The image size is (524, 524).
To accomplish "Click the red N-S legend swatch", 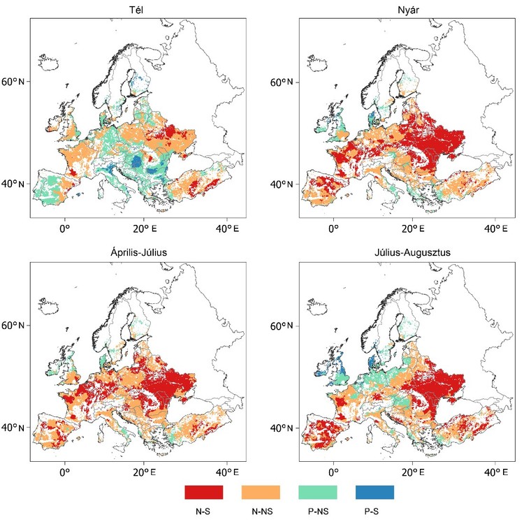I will point(203,492).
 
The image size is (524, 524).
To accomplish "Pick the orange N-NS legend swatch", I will point(261,492).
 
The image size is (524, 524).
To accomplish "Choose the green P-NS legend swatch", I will point(317,492).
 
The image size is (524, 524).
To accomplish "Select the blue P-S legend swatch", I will point(374,492).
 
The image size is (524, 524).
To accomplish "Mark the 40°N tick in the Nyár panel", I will point(284,184).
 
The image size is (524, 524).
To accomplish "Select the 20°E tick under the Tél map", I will point(146,227).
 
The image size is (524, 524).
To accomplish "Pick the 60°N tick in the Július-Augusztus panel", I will point(284,327).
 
